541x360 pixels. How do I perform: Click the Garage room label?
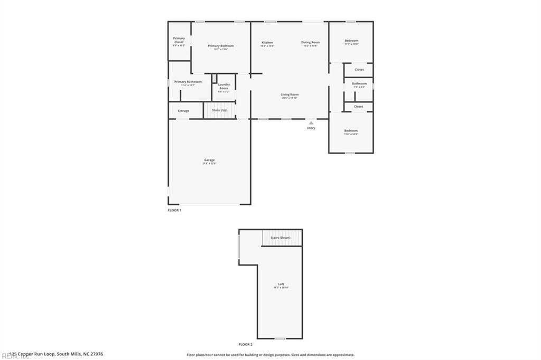click(x=209, y=160)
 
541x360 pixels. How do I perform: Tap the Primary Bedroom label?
click(x=220, y=46)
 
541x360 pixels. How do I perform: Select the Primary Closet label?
click(x=179, y=40)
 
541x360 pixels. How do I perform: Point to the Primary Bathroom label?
click(x=188, y=82)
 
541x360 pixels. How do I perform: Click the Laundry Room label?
click(x=223, y=86)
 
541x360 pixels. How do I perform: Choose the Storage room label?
click(x=183, y=111)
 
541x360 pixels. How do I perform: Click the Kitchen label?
click(x=267, y=42)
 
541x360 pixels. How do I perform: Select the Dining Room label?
click(x=311, y=42)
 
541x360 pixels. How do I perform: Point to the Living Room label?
click(x=290, y=94)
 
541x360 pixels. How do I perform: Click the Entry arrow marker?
click(x=311, y=122)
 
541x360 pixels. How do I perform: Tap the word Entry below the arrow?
click(x=311, y=128)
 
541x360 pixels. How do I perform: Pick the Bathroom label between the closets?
click(x=359, y=83)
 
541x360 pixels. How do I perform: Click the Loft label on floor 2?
click(x=281, y=284)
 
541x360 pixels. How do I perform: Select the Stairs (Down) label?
click(x=281, y=238)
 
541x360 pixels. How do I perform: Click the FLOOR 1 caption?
click(x=174, y=210)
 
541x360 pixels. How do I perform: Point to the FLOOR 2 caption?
click(x=246, y=344)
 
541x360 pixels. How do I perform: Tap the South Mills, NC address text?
click(x=57, y=354)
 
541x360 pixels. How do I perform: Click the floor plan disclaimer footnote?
click(x=270, y=355)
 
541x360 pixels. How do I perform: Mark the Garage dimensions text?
click(x=209, y=164)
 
